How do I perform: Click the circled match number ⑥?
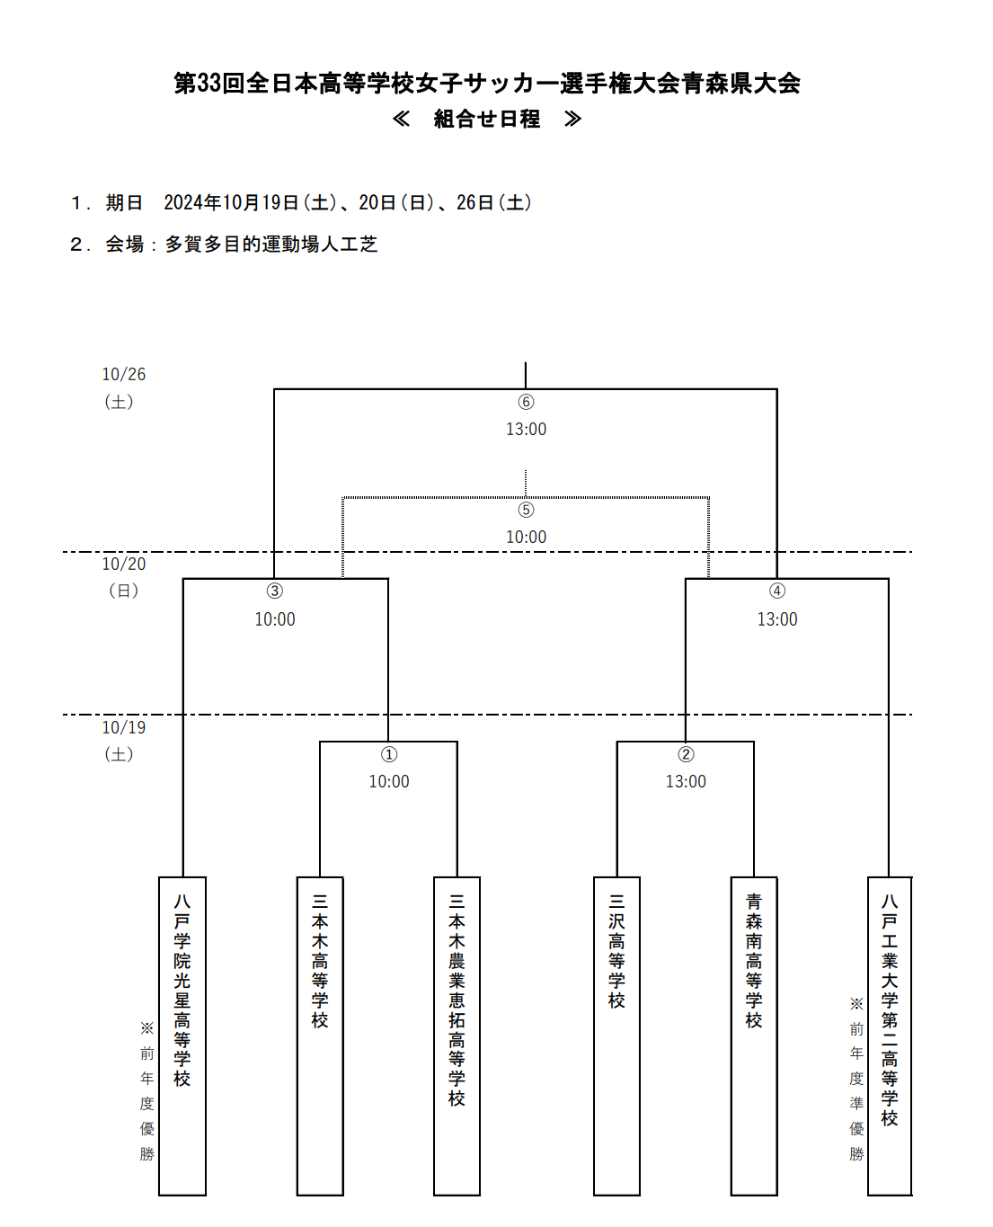(x=526, y=402)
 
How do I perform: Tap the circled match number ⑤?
(x=526, y=510)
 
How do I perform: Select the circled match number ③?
(x=275, y=591)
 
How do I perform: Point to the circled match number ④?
(x=777, y=591)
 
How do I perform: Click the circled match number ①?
(x=389, y=754)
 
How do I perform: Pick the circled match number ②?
(x=686, y=754)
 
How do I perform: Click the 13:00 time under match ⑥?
(x=526, y=429)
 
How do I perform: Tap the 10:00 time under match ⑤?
(x=526, y=537)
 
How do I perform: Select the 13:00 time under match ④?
(x=777, y=619)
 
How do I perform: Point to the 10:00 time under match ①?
(x=389, y=782)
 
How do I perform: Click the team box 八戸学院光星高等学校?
(x=182, y=1036)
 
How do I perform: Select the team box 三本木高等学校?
(x=320, y=1036)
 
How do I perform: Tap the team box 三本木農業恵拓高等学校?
(x=457, y=1036)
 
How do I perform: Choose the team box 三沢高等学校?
(x=616, y=1036)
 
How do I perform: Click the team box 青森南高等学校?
(x=754, y=1036)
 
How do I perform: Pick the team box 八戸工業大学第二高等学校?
(x=890, y=1036)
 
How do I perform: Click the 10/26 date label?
(x=123, y=374)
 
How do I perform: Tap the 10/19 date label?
(x=123, y=727)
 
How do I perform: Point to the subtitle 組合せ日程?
(x=487, y=119)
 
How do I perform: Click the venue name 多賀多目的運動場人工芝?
(x=271, y=245)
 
